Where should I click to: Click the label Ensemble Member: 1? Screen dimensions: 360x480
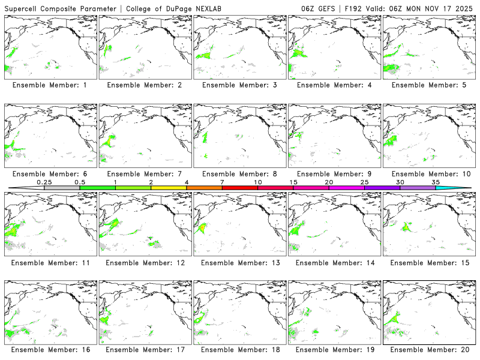[50, 85]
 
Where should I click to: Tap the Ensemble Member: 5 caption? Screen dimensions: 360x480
[429, 85]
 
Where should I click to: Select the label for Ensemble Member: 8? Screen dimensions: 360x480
[239, 174]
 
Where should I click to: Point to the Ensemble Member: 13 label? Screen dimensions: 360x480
[239, 263]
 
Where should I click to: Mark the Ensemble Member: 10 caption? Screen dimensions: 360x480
[429, 174]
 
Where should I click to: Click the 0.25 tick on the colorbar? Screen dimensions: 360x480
[44, 182]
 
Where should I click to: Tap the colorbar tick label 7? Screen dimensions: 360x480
[222, 182]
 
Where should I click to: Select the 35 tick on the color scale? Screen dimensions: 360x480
[436, 182]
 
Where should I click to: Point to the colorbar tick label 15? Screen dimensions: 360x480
[293, 182]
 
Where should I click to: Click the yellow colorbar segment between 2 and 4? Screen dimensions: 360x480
[169, 188]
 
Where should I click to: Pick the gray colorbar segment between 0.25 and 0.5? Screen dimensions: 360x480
[62, 188]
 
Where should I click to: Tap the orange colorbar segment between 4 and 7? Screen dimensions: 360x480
[204, 188]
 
